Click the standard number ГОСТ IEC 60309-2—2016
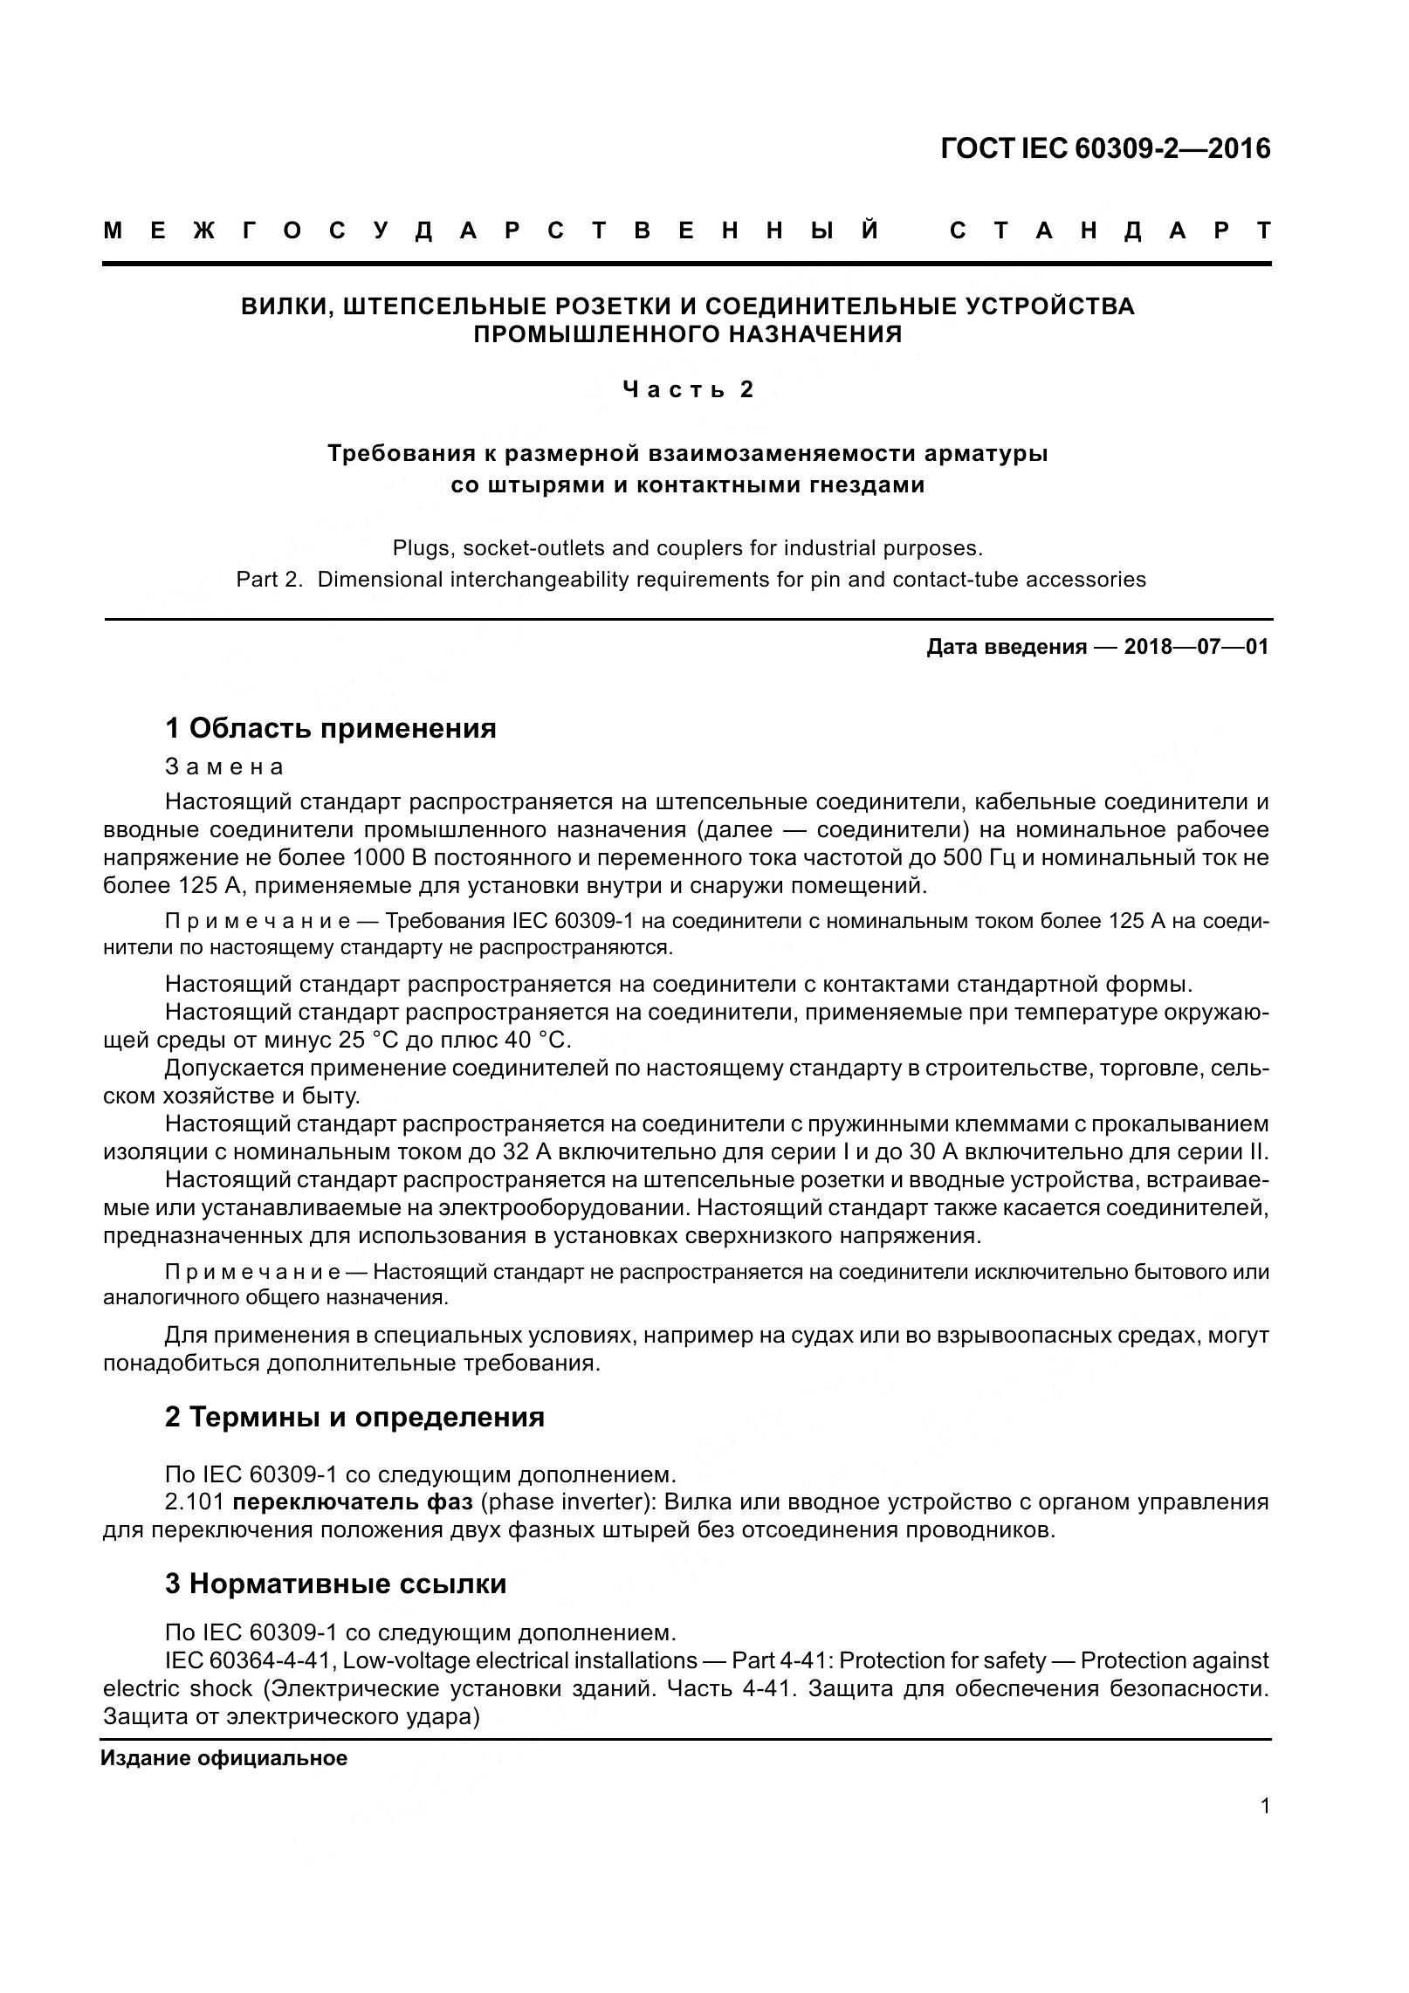click(x=1105, y=149)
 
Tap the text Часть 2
click(x=688, y=389)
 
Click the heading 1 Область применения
click(x=330, y=728)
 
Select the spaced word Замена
click(x=224, y=766)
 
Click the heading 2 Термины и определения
click(x=354, y=1416)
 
